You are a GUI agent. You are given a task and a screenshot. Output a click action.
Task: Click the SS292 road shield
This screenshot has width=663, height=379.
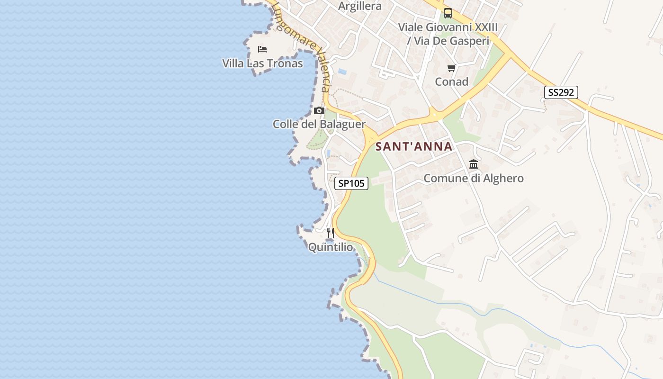[561, 92]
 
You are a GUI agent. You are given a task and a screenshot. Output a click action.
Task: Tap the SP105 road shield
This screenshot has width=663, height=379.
[351, 183]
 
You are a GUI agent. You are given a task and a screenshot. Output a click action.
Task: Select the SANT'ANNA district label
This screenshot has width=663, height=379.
[414, 147]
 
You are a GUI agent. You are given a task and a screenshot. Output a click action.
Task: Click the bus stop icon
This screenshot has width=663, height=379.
[448, 13]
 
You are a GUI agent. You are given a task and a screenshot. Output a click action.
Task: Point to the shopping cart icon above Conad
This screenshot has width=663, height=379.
[452, 68]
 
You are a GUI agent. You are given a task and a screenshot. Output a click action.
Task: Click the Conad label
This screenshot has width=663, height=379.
[452, 82]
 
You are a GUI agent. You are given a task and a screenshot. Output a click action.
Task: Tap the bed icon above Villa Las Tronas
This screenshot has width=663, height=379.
[262, 49]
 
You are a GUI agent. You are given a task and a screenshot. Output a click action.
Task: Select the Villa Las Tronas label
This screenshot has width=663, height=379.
[262, 63]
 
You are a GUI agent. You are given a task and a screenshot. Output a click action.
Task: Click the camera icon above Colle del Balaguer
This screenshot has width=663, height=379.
[319, 111]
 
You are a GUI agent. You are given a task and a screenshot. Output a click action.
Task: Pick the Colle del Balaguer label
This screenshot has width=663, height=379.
[319, 124]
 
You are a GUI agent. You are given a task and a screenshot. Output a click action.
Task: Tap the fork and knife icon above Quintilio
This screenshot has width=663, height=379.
[331, 233]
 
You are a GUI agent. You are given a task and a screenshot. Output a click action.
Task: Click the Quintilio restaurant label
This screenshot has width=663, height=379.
[331, 247]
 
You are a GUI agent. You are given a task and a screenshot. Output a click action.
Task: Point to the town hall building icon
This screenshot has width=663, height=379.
[474, 164]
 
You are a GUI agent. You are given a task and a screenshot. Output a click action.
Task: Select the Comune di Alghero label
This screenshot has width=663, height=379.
[474, 179]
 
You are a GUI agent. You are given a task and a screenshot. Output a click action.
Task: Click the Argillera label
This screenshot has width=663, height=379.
[360, 6]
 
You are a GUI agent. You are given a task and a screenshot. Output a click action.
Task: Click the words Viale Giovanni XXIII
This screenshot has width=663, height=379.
[448, 27]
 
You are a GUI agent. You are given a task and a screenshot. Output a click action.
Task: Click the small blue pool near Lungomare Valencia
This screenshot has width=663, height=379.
[342, 72]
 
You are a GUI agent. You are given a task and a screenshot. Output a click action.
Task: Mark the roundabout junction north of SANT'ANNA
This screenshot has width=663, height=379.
[434, 114]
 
